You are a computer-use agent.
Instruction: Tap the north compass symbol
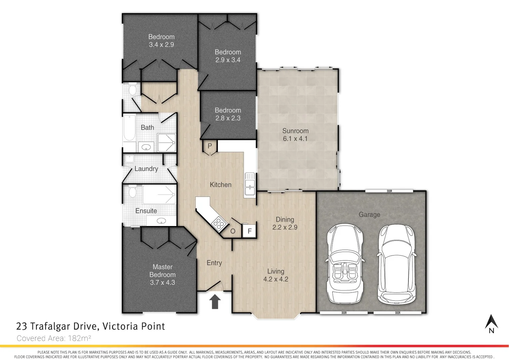click(491, 324)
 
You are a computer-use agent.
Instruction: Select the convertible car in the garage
click(345, 263)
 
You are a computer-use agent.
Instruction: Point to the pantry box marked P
click(210, 146)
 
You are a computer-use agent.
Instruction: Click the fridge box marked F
click(250, 231)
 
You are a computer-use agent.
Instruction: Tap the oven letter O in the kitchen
click(233, 231)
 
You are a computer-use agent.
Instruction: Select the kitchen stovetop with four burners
click(218, 223)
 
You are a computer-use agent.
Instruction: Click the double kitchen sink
click(250, 184)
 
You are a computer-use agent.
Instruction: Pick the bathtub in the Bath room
click(129, 128)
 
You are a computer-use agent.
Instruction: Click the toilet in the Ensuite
click(133, 191)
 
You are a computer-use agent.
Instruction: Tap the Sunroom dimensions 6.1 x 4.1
click(295, 139)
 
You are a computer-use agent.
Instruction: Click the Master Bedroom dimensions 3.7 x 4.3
click(162, 282)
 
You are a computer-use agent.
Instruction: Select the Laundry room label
click(146, 169)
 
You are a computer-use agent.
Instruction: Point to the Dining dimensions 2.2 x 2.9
click(285, 227)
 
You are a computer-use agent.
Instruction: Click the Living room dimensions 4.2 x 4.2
click(275, 279)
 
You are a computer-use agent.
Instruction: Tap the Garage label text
click(369, 215)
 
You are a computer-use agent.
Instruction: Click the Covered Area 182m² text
click(54, 338)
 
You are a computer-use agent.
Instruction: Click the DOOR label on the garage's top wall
click(389, 191)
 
